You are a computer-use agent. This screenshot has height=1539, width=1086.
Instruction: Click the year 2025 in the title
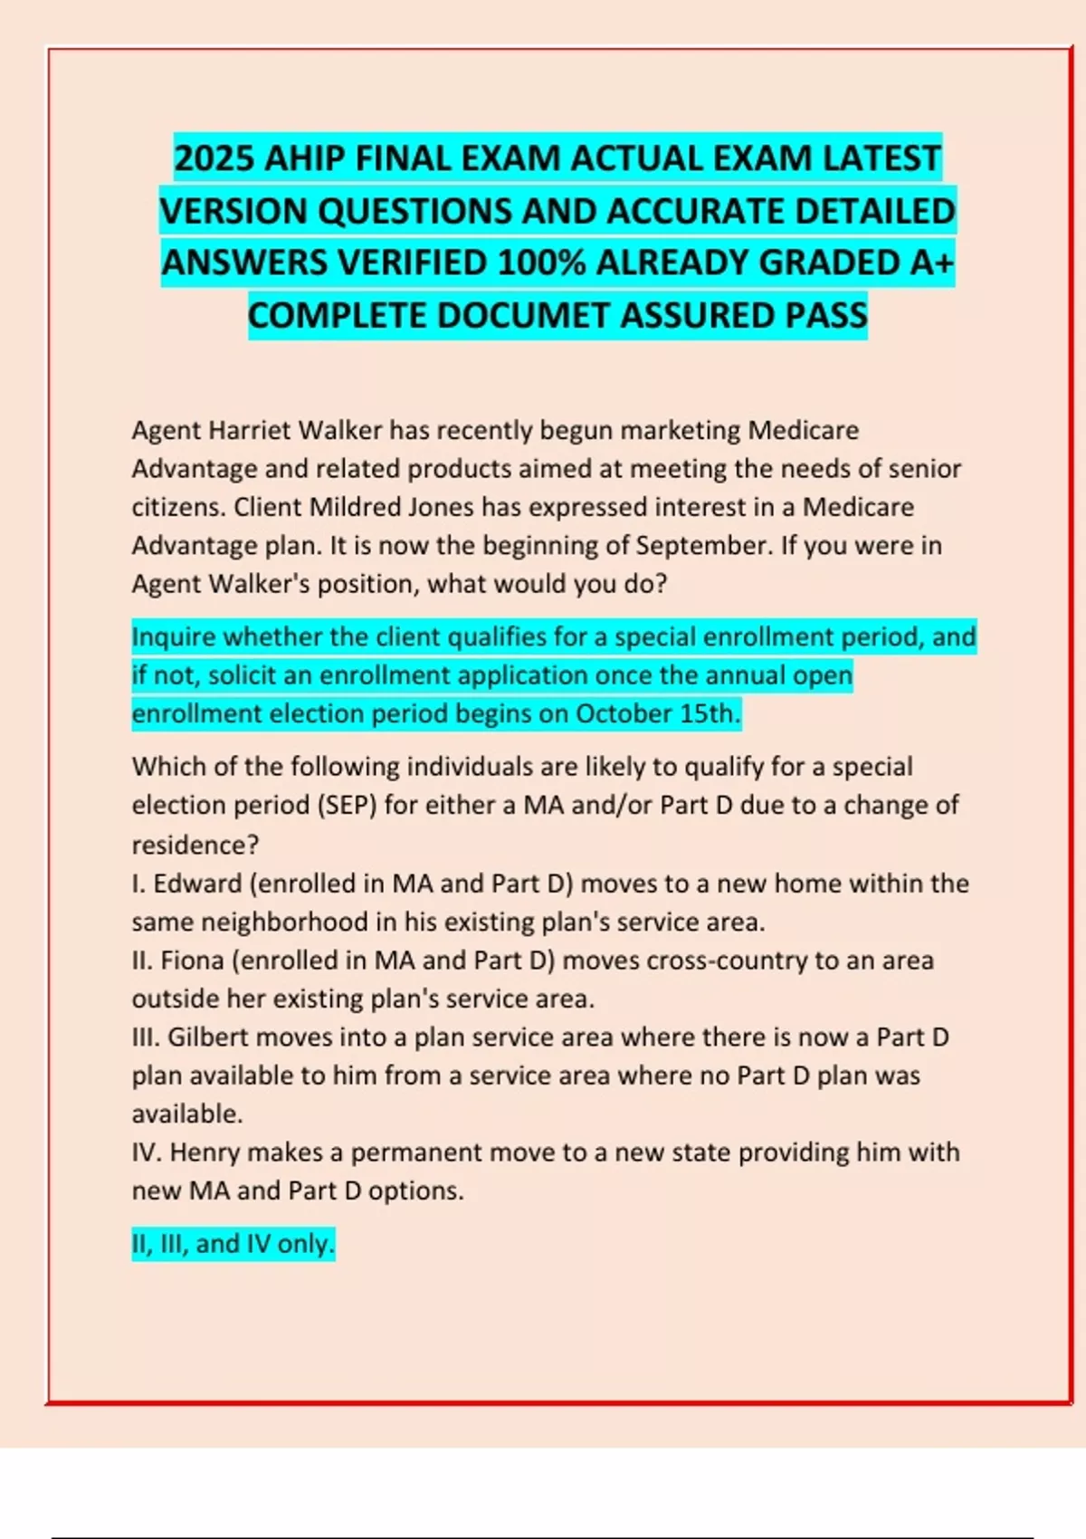[x=214, y=159]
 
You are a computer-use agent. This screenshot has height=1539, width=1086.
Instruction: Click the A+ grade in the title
[x=931, y=263]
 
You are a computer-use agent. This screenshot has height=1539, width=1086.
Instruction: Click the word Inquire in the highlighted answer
[x=174, y=637]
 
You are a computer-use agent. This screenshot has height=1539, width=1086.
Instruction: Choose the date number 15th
[x=710, y=714]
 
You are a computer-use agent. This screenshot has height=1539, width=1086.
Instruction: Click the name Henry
[x=205, y=1152]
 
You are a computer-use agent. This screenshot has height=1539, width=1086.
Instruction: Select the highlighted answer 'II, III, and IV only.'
[x=233, y=1244]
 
